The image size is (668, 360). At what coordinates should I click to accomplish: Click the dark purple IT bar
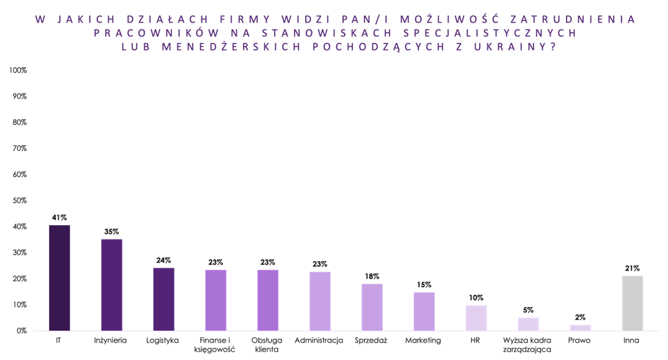coord(60,278)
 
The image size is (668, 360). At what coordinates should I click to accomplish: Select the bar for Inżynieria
coord(112,285)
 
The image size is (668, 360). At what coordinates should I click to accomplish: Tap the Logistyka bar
coord(163,299)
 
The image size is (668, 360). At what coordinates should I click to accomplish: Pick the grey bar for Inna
coord(632,303)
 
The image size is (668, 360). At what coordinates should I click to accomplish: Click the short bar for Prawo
coord(580,328)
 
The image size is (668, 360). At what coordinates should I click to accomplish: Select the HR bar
coord(476,318)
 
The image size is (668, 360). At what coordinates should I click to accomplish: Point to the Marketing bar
coord(424,312)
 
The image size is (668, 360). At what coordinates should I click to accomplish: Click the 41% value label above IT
coord(60,218)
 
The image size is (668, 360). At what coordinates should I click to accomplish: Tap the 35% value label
coord(112,232)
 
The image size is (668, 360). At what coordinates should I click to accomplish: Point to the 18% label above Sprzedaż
coord(372,276)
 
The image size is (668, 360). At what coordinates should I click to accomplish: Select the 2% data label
coord(580,317)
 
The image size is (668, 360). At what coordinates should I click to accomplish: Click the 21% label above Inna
coord(632,268)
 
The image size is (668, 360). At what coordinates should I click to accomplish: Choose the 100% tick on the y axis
coord(18,71)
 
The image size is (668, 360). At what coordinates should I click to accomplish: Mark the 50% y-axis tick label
coord(19,201)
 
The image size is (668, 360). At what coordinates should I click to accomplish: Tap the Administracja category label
coord(319,341)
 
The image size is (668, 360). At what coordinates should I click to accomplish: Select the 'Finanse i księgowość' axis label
coord(215,345)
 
